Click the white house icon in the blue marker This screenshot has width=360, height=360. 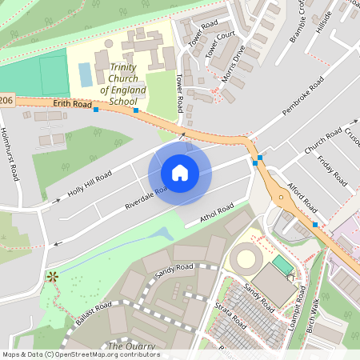179,173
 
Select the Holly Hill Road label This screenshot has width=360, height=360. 90,186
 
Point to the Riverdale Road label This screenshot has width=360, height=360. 146,198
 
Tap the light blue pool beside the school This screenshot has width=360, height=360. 86,74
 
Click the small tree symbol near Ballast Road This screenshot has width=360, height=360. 54,277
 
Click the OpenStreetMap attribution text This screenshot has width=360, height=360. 80,354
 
